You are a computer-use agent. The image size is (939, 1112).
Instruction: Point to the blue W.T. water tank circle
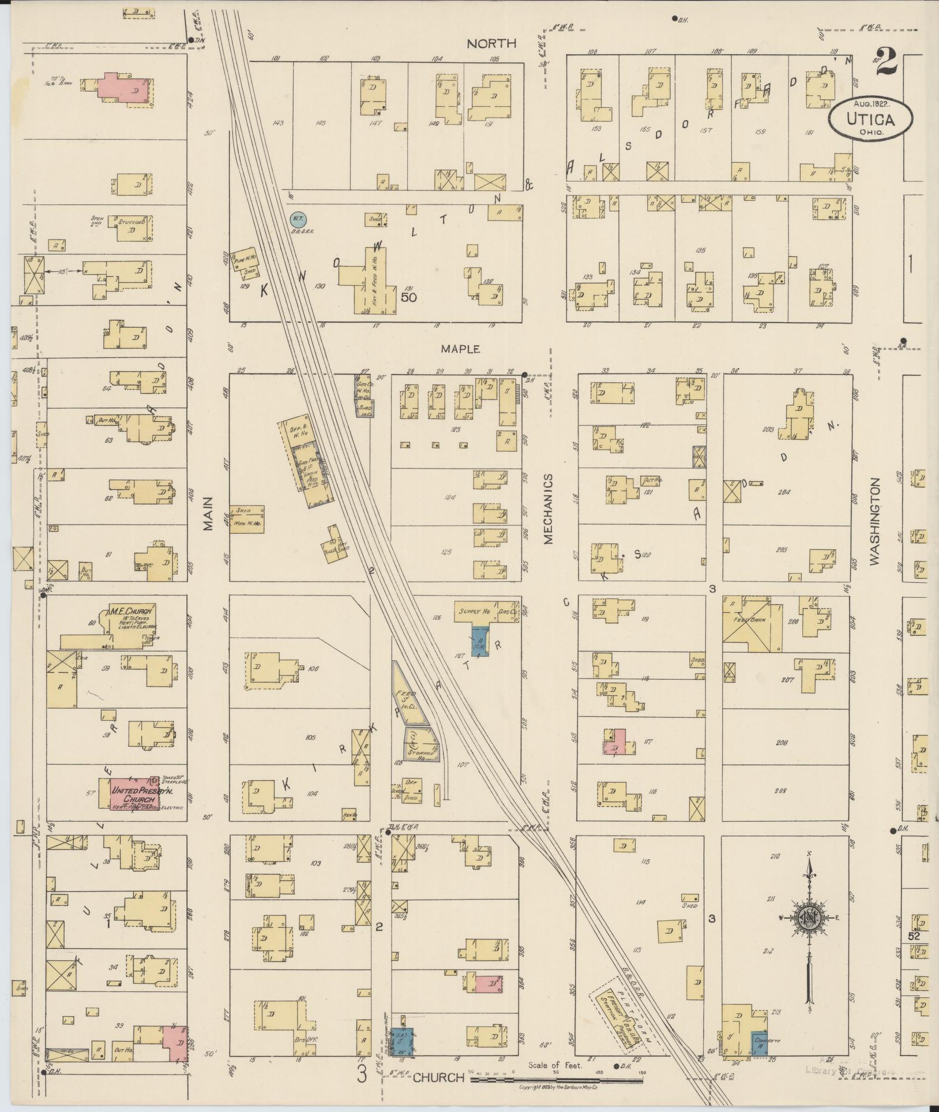298,219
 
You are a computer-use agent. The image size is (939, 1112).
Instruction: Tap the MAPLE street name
460,349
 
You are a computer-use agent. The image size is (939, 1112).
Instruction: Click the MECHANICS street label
548,509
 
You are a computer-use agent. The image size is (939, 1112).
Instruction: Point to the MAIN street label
208,514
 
